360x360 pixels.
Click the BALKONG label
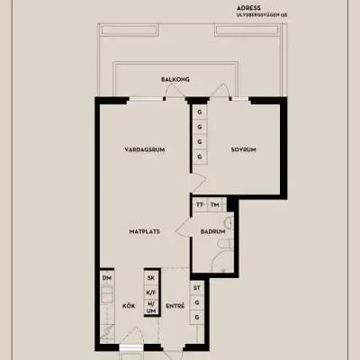coord(175,79)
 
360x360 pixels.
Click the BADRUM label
coord(212,231)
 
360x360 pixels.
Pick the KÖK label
coord(128,306)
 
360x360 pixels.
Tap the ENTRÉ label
coord(175,306)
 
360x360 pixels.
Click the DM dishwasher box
coord(106,278)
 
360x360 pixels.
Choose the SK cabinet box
coord(151,278)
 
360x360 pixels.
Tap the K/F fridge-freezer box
coord(151,292)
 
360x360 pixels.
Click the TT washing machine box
coord(200,205)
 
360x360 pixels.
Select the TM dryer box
coord(215,205)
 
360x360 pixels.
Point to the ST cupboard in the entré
coord(196,289)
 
